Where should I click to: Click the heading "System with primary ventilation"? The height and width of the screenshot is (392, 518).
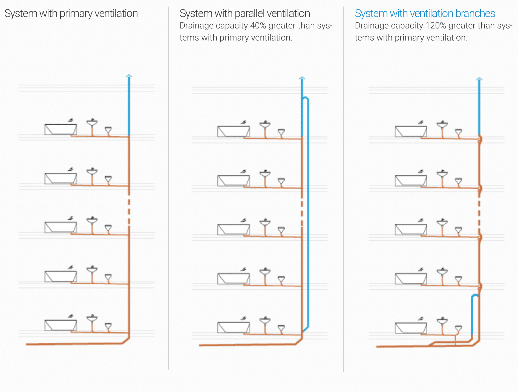tap(71, 13)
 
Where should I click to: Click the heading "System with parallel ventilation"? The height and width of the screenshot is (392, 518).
tap(245, 13)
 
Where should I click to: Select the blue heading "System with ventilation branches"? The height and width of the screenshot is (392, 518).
tap(425, 13)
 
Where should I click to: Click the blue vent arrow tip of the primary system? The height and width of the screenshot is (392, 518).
tap(129, 76)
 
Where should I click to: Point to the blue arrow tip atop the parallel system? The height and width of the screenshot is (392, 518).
tap(302, 79)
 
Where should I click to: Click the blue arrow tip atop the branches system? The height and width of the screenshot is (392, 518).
tap(479, 79)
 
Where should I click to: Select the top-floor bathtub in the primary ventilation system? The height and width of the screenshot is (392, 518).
tap(61, 129)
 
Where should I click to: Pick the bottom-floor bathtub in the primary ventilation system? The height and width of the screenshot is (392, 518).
tap(61, 325)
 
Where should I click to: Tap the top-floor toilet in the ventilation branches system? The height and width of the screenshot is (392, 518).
tap(459, 132)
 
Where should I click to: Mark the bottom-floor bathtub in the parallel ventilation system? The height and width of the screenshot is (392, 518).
tap(234, 327)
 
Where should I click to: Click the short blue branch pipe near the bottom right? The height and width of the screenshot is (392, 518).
tap(472, 315)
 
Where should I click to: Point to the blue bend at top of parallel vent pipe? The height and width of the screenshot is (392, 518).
tap(306, 98)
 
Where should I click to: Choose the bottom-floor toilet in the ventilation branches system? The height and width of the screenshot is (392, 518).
tap(459, 328)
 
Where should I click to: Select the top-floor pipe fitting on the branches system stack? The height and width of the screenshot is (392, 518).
tap(480, 139)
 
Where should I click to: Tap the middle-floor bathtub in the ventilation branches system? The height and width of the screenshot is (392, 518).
tap(411, 229)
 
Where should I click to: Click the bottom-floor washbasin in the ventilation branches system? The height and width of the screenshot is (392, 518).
tap(442, 321)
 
